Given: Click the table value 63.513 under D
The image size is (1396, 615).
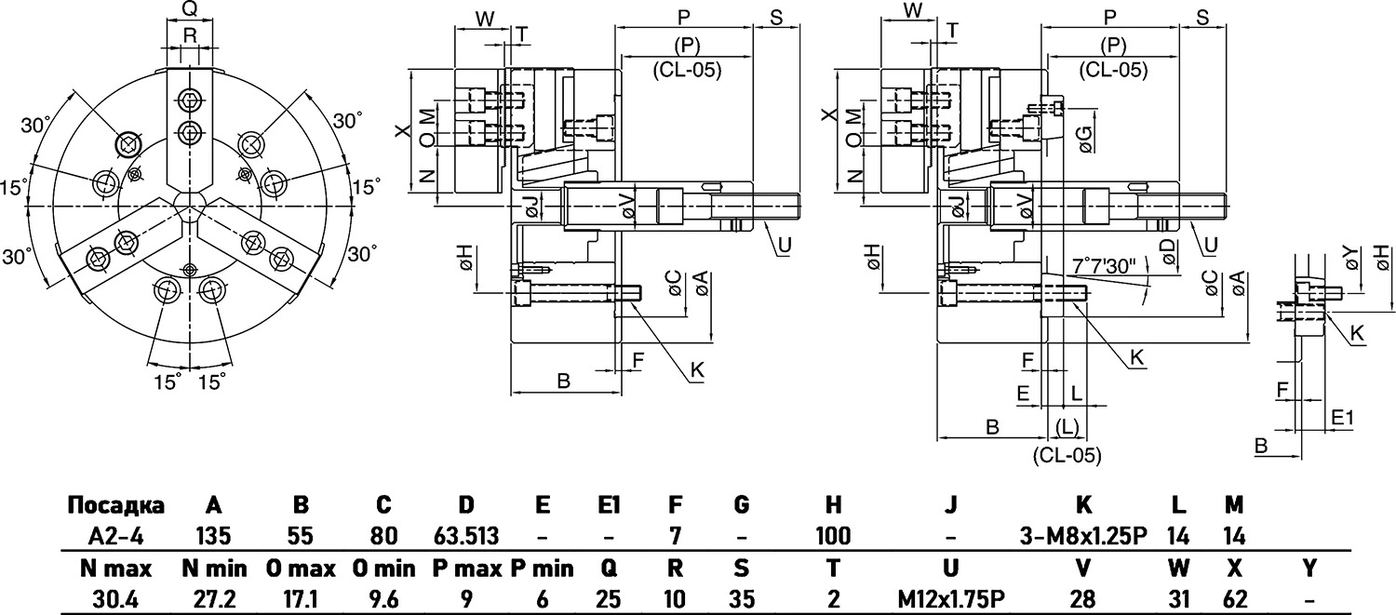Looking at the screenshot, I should click(466, 536).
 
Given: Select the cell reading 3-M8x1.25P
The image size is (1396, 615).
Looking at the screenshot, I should click(1082, 536).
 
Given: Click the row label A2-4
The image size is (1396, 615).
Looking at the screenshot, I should click(115, 536).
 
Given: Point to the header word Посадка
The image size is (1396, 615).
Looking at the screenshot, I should click(115, 505).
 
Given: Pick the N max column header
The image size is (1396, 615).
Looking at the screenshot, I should click(115, 568).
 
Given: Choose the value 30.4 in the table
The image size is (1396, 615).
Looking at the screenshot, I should click(115, 598).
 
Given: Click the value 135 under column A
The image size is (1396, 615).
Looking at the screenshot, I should click(213, 536).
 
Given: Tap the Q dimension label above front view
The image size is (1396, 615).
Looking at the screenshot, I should click(189, 10).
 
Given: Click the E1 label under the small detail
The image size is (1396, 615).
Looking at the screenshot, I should click(1342, 418).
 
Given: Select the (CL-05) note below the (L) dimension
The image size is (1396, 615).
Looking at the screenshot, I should click(1067, 455).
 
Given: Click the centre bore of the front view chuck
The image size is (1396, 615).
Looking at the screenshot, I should click(190, 204).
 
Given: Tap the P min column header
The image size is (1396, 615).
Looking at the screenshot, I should click(540, 568).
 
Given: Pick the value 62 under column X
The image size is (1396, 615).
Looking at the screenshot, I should click(1234, 598).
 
